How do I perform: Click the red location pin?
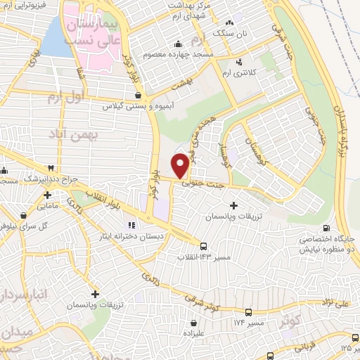pos(181,165)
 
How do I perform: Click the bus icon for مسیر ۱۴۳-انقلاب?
pos(203,246)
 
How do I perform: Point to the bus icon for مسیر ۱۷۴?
pos(248,311)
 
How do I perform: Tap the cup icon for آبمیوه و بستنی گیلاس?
pos(137,95)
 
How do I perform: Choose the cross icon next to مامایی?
pos(47,195)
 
